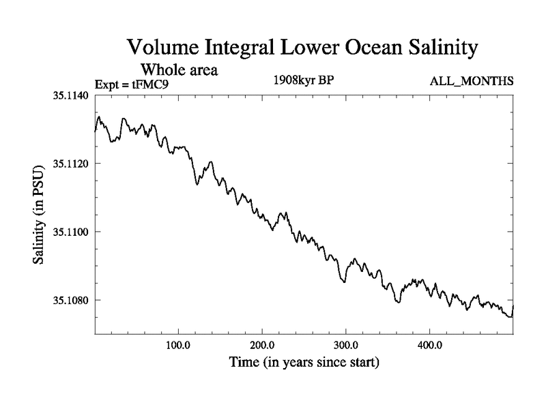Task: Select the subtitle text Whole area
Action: [x=179, y=70]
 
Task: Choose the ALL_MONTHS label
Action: [x=471, y=82]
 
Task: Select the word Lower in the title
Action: [x=298, y=48]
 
